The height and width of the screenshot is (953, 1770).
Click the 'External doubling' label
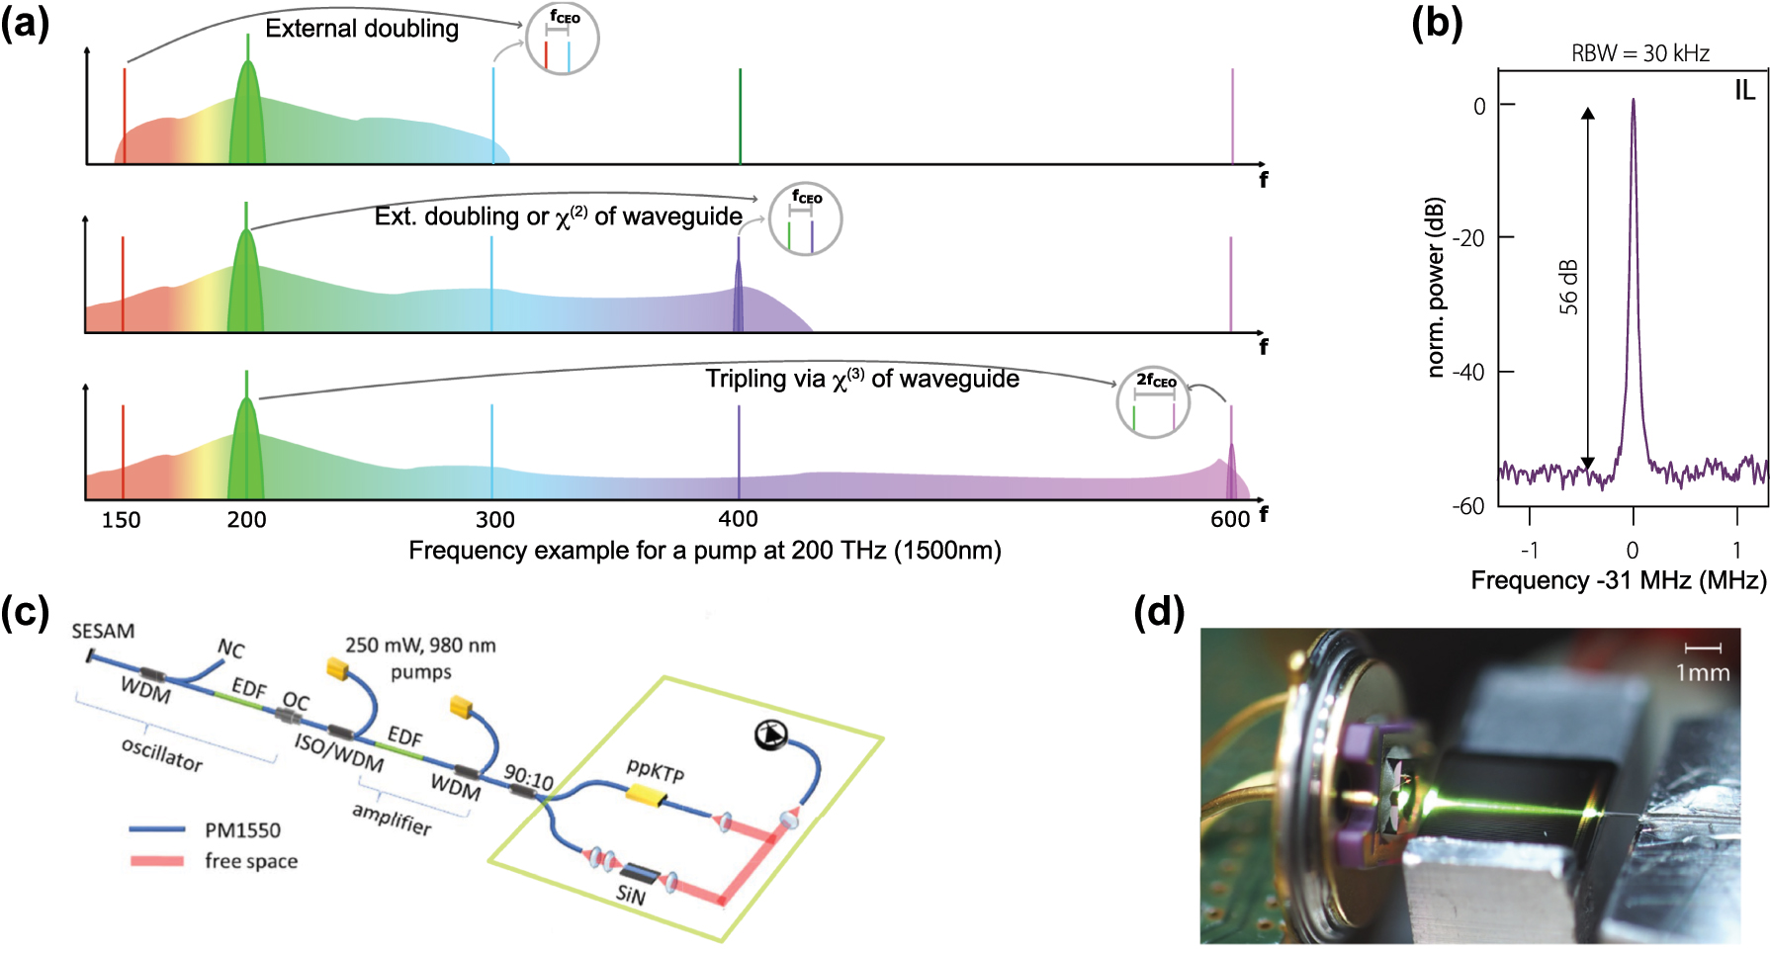pyautogui.click(x=362, y=29)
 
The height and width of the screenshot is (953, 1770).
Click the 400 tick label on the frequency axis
pyautogui.click(x=738, y=519)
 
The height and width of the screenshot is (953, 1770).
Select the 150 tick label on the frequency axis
pyautogui.click(x=121, y=520)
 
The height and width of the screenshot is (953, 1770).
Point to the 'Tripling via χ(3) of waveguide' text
pyautogui.click(x=861, y=380)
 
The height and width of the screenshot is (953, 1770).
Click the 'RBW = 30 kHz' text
pyautogui.click(x=1640, y=53)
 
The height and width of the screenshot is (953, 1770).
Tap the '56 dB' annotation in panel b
pyautogui.click(x=1568, y=288)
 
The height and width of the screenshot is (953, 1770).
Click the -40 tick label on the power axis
pyautogui.click(x=1467, y=373)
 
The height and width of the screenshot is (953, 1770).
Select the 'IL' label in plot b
pyautogui.click(x=1744, y=91)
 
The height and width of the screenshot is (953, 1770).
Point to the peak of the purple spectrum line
pyautogui.click(x=1633, y=101)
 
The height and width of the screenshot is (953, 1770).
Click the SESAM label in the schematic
pyautogui.click(x=103, y=631)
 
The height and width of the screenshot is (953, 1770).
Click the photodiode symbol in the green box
pyautogui.click(x=771, y=735)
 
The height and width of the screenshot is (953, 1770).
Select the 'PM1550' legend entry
pyautogui.click(x=242, y=830)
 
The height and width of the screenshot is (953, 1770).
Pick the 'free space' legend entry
pyautogui.click(x=251, y=861)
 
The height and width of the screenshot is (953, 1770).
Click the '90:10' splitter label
pyautogui.click(x=529, y=778)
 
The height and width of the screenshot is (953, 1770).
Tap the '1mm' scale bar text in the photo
pyautogui.click(x=1702, y=673)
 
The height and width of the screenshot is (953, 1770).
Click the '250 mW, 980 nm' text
pyautogui.click(x=420, y=646)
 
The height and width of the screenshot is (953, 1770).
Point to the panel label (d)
pyautogui.click(x=1159, y=613)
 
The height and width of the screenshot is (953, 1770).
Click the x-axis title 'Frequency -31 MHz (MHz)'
pyautogui.click(x=1618, y=580)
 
